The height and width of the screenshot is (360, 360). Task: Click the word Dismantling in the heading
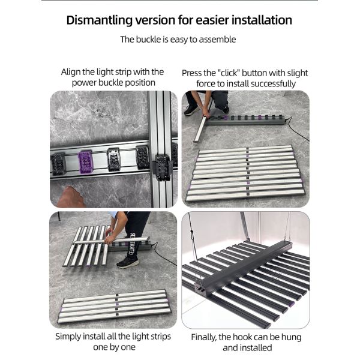100,20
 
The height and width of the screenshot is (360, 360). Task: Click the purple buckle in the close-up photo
85,161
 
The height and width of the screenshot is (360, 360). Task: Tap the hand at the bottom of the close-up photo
70,197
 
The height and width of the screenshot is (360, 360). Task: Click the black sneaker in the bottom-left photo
127,262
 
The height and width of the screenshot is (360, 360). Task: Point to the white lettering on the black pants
132,244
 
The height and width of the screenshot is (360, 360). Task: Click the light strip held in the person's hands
111,240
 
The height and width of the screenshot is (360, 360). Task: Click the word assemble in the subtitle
217,40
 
